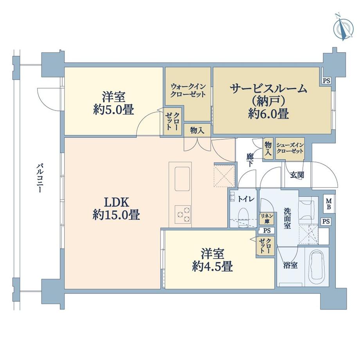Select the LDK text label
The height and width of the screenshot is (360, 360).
coord(116,203)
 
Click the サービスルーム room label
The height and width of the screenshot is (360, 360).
coord(268,88)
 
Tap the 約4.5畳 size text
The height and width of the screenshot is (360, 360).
coord(213,267)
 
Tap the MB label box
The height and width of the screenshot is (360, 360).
coord(329,204)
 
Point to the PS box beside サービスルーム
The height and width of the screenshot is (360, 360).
coord(326,81)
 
